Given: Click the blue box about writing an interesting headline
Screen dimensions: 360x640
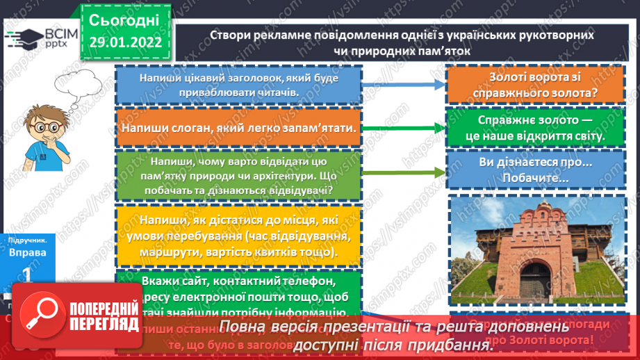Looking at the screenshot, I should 238,85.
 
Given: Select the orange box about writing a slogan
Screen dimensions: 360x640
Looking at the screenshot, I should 238,128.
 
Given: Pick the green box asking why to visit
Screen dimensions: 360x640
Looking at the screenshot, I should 238,174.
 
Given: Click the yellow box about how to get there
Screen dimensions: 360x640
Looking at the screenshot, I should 238,236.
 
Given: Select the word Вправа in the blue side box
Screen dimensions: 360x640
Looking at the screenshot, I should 28,252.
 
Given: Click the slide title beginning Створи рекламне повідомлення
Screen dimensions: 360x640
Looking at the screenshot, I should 402,42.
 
